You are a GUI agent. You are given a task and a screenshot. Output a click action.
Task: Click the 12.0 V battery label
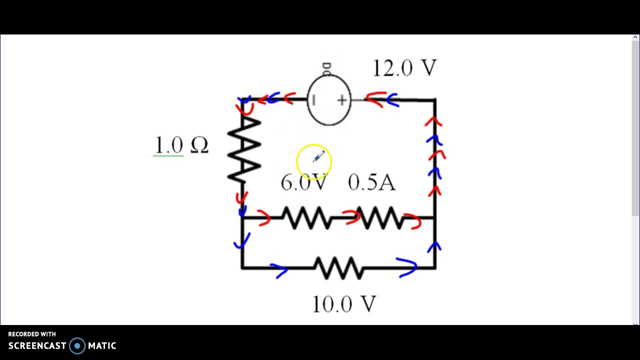coord(404,68)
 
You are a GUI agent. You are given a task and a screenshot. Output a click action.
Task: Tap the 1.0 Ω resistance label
coord(181,145)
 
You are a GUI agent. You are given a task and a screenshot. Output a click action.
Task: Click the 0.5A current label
coord(371,182)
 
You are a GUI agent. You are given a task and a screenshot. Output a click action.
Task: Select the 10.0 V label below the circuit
coord(344,304)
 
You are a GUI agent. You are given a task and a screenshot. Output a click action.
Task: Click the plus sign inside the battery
coord(341,101)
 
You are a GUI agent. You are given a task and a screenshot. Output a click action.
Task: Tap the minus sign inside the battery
coord(313,100)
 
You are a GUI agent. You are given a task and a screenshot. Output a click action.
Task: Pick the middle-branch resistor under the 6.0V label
coord(306,218)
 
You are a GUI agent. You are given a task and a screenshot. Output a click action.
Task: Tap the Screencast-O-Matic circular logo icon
coord(77,346)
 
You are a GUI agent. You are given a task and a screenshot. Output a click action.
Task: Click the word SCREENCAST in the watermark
coord(37,346)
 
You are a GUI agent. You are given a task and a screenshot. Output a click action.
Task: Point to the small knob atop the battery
coord(326,69)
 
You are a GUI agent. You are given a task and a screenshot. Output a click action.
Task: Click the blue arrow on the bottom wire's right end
coord(407,267)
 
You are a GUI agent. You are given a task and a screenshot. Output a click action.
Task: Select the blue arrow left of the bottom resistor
coord(279,270)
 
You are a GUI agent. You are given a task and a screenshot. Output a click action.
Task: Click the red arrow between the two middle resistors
coord(351,216)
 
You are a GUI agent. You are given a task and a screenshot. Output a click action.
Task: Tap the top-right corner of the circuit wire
coord(435,100)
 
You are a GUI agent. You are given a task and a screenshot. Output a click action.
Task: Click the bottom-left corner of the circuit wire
coord(242,268)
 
